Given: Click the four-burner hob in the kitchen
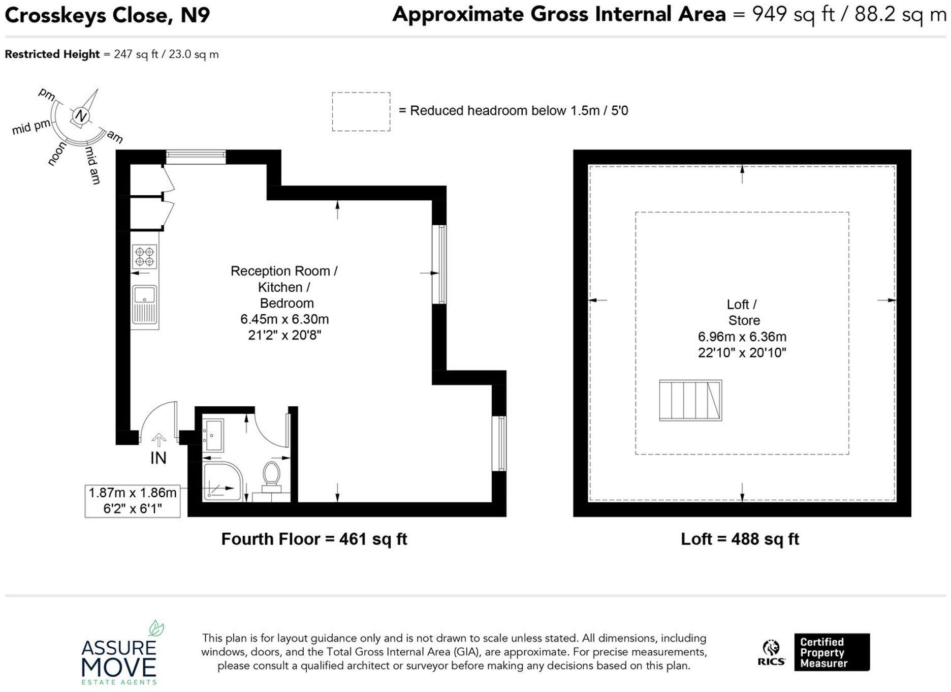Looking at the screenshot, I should (x=144, y=256).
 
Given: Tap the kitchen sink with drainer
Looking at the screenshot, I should (x=144, y=304).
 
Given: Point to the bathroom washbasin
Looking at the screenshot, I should (x=213, y=435).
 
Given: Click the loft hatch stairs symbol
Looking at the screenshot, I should (x=690, y=400).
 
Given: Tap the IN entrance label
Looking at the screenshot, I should (x=158, y=458).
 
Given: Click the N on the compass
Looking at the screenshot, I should (x=81, y=116).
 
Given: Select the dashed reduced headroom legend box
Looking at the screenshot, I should (x=361, y=111).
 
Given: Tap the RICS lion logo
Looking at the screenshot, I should (x=771, y=652).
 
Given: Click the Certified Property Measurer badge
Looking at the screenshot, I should (x=831, y=652).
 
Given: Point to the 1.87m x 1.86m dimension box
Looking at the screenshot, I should (x=132, y=501).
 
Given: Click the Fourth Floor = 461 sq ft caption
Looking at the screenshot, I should (x=314, y=539).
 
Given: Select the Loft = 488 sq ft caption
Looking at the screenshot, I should (x=740, y=539).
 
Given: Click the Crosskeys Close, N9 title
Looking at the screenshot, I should (x=107, y=15).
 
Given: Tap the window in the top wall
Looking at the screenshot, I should (x=196, y=157).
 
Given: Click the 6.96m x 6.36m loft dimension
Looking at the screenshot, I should (x=742, y=337).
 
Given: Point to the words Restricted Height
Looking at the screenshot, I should (x=52, y=54).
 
